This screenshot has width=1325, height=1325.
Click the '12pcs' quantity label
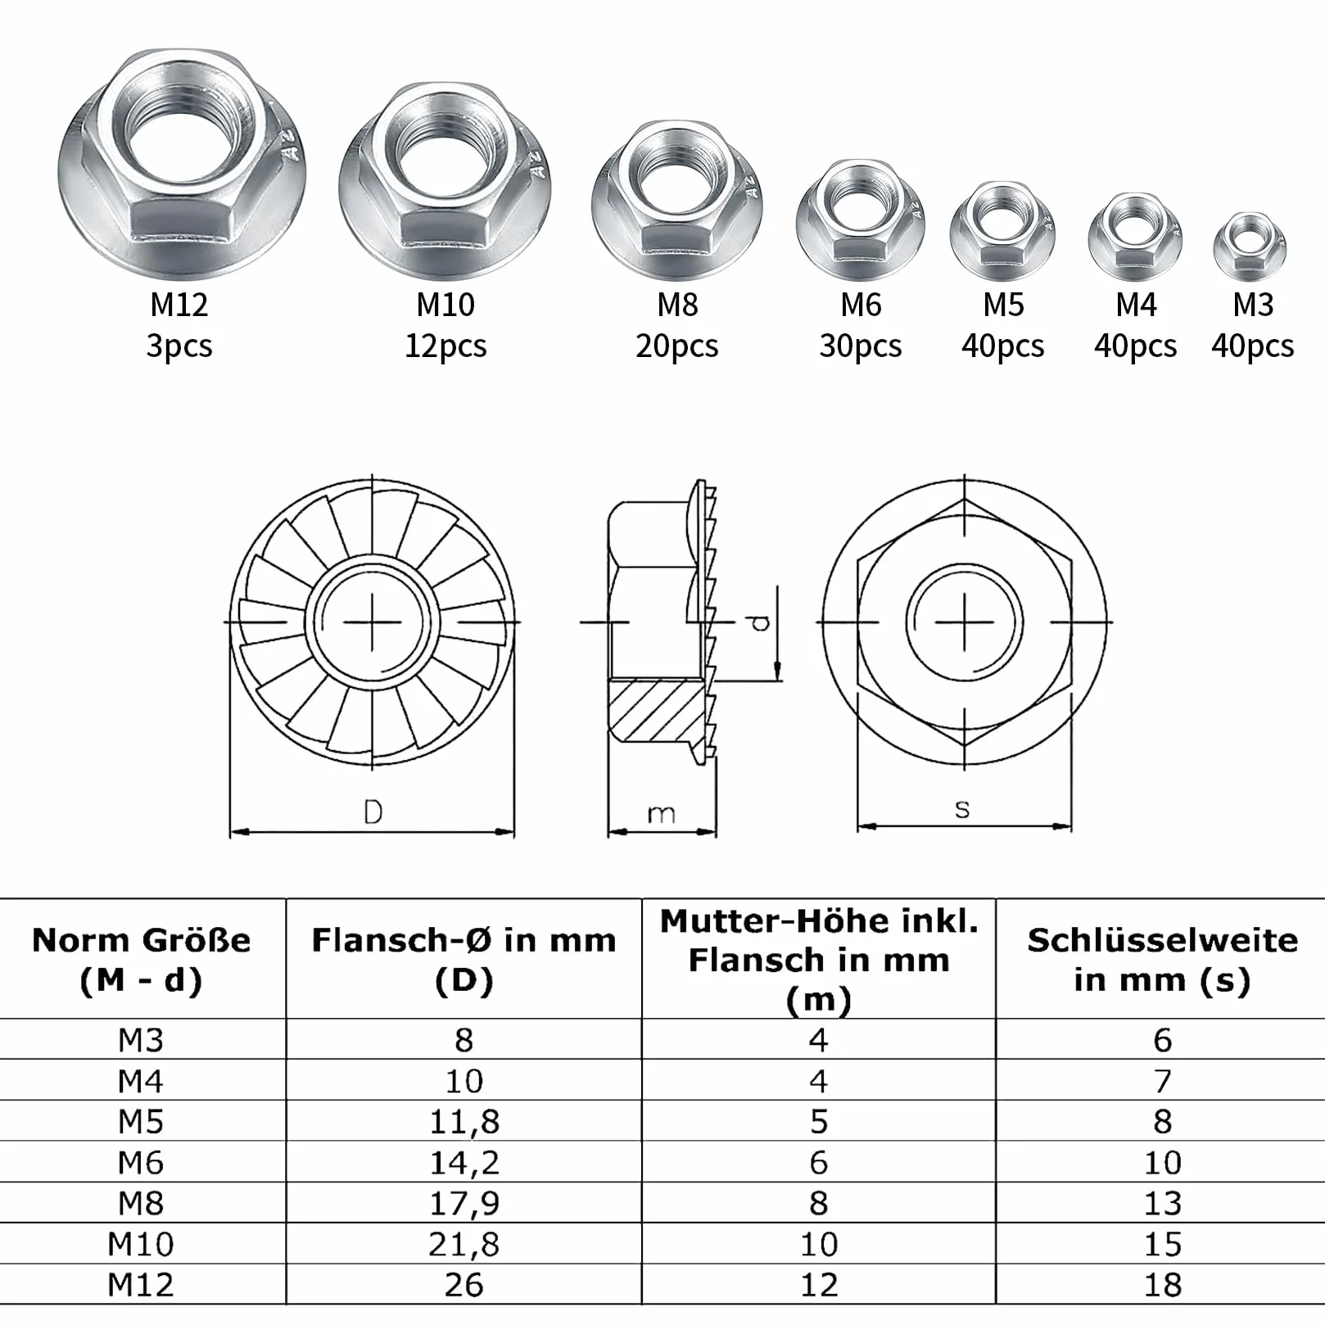445,346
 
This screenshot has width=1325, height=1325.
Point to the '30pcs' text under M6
860,346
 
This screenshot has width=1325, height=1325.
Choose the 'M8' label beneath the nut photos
677,305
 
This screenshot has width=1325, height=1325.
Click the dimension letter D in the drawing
373,812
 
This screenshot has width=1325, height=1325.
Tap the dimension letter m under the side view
661,814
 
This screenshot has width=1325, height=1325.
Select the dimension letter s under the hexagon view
962,810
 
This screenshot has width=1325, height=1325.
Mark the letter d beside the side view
761,622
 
